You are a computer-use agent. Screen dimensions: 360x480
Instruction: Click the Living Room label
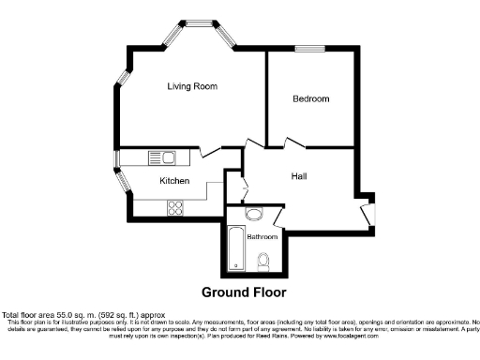tap(192, 86)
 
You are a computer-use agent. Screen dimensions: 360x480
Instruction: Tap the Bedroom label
tap(310, 98)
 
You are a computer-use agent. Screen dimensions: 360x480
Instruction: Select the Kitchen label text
tap(174, 181)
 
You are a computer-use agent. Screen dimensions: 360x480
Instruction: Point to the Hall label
tap(299, 175)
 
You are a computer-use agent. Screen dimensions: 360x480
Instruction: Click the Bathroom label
tap(262, 237)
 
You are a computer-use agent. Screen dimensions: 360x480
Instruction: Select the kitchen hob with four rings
tap(174, 209)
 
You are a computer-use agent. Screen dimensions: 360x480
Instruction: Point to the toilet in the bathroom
tap(264, 260)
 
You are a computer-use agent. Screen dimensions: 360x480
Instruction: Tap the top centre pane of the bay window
tap(199, 21)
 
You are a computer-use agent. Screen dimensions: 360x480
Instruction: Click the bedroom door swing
tap(292, 142)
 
